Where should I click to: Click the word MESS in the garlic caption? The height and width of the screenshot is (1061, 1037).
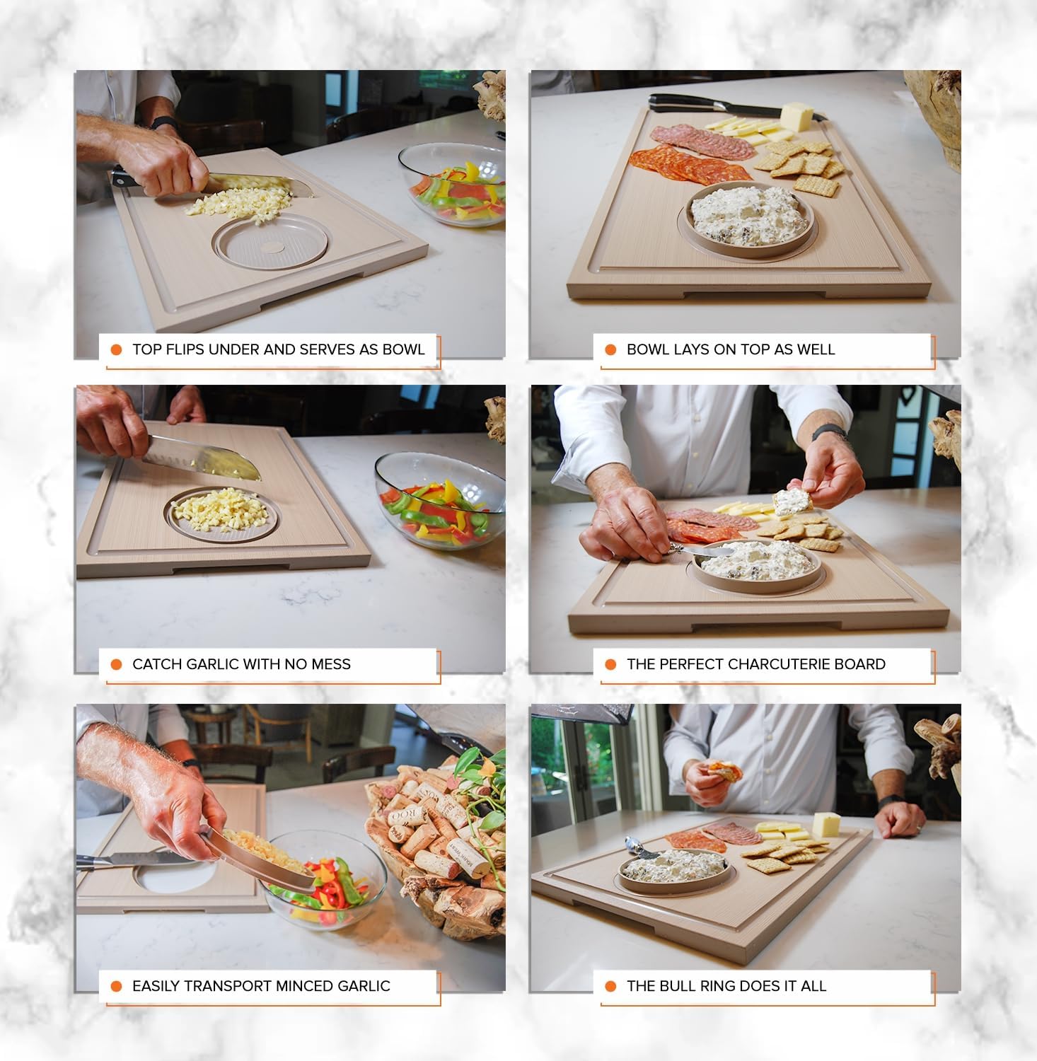[330, 664]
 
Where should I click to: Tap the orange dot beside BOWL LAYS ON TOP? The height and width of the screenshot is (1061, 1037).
[610, 349]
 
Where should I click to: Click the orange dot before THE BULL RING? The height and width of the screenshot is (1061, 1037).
[610, 986]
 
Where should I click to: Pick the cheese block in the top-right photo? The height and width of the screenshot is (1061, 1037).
[796, 115]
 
